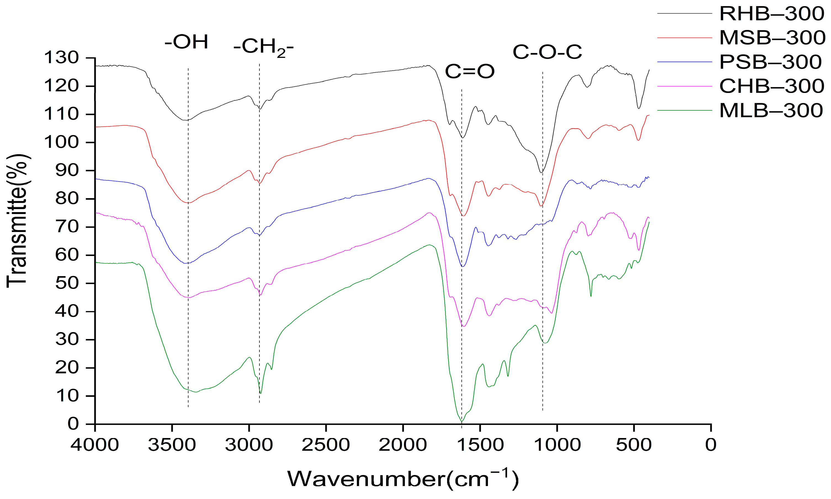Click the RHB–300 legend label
[x=771, y=14]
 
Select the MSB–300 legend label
[x=772, y=38]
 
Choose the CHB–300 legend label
[x=771, y=86]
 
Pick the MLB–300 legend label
[x=771, y=110]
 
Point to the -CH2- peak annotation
[x=263, y=47]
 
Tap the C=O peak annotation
[x=470, y=72]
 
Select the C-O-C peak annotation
[x=547, y=52]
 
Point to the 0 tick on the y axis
[x=74, y=424]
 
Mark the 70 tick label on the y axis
[x=67, y=227]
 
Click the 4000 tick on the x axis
[x=95, y=445]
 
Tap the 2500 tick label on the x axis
[x=326, y=445]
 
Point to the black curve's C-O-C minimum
[x=541, y=172]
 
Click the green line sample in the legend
[x=685, y=110]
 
